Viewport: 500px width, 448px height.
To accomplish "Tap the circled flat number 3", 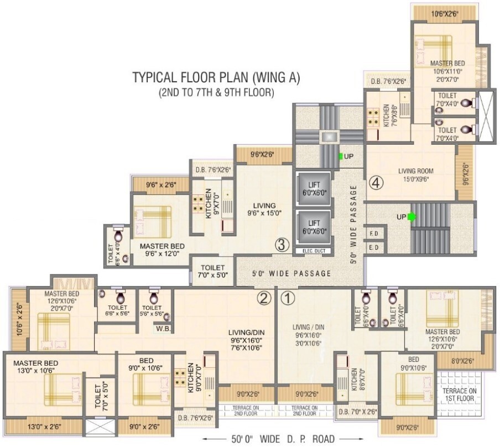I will [282, 244].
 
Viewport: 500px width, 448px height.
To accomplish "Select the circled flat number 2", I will [264, 299].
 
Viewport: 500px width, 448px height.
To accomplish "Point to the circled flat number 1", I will [288, 299].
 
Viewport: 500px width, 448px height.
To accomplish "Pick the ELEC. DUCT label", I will [314, 251].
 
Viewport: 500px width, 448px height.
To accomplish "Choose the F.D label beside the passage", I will [373, 234].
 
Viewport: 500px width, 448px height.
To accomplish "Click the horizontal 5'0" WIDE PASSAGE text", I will [291, 273].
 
